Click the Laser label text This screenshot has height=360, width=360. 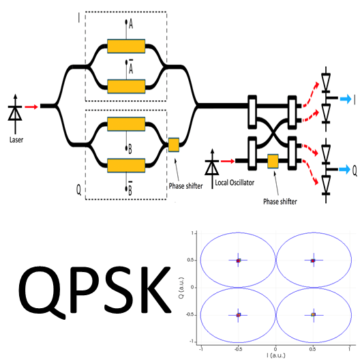[16, 140]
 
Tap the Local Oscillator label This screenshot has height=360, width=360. [235, 183]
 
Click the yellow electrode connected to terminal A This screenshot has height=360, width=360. [126, 46]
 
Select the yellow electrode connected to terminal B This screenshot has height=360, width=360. [126, 124]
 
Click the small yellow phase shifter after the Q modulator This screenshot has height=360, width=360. [174, 145]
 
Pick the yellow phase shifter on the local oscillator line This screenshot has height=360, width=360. [273, 161]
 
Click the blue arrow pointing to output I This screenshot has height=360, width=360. [346, 99]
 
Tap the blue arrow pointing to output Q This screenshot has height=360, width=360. [344, 170]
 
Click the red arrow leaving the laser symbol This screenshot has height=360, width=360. [31, 107]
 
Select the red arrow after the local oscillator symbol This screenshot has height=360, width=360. [228, 162]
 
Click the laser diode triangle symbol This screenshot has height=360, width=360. [15, 114]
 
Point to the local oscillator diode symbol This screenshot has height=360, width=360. [212, 168]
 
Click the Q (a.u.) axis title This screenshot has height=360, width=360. [181, 288]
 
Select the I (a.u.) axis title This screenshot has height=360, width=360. [276, 355]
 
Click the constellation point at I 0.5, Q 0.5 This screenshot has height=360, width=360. [313, 260]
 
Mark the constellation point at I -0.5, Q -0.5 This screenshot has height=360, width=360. [239, 315]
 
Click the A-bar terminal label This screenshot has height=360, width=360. [131, 67]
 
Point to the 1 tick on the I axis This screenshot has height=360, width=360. [350, 349]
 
